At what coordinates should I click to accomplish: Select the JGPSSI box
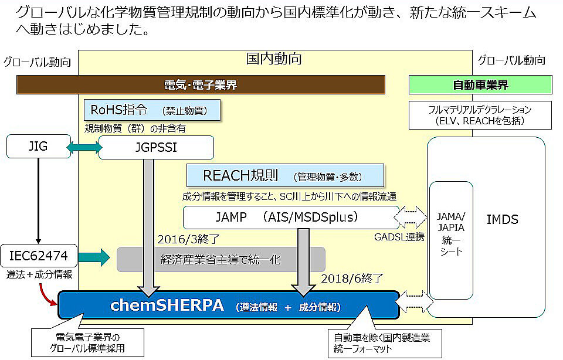(156, 147)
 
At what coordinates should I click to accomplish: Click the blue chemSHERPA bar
(229, 305)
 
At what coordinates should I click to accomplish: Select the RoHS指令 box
(152, 109)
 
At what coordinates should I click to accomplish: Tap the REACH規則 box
(285, 175)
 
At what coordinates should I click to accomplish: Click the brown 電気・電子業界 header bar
(201, 85)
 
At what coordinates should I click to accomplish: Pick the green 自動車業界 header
(480, 85)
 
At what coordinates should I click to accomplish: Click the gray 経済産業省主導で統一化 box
(221, 259)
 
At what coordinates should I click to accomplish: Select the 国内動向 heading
(273, 59)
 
